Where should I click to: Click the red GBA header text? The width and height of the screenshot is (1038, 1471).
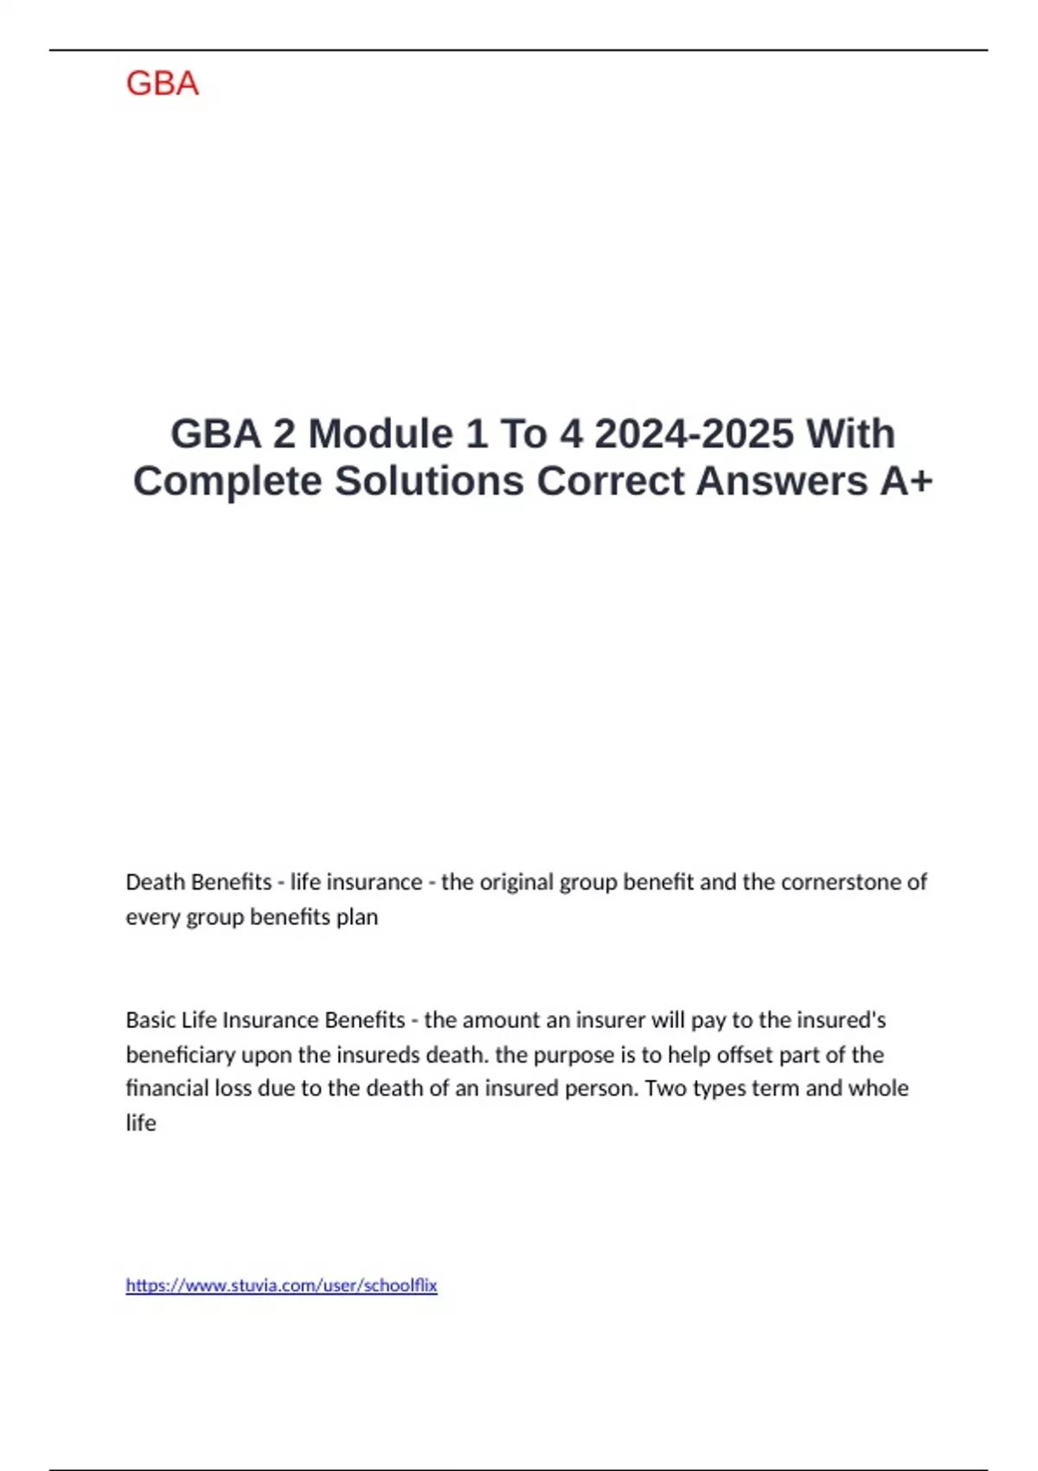(x=163, y=84)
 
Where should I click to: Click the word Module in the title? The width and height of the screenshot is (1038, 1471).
(x=380, y=434)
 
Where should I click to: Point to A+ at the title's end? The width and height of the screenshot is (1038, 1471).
(x=907, y=481)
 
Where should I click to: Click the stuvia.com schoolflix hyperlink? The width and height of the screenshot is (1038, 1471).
(x=281, y=1286)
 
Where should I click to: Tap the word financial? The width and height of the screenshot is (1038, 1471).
(x=168, y=1088)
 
